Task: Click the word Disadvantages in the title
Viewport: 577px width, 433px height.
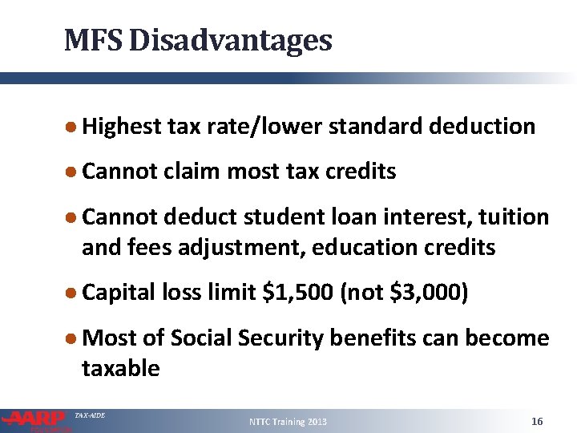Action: tap(230, 39)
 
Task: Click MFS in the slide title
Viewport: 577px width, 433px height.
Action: tap(92, 39)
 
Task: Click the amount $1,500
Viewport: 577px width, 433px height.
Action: tap(295, 293)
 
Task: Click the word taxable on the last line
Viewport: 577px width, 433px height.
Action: tap(121, 369)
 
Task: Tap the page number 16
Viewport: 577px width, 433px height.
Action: tap(537, 421)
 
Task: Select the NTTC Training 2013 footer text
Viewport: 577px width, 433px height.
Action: tap(288, 422)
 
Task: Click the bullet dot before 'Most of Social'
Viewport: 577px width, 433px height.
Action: tap(72, 338)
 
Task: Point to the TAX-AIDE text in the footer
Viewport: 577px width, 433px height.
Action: tap(89, 415)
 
